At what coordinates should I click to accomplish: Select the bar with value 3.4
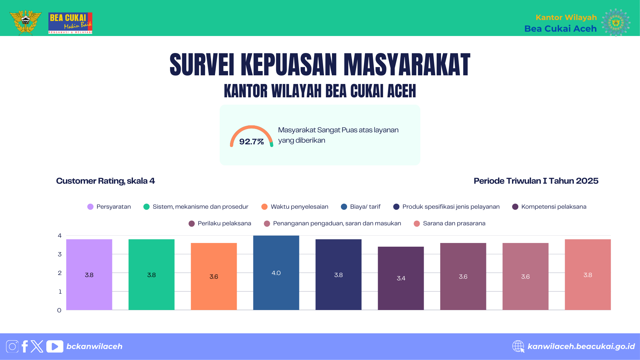401,278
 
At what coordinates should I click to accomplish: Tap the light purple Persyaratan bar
89,275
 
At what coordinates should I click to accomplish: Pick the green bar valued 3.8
151,275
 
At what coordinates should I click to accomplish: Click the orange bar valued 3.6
214,276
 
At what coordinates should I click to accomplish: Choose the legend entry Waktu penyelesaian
299,207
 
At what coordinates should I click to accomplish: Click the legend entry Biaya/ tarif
365,207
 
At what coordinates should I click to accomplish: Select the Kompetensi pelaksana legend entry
553,207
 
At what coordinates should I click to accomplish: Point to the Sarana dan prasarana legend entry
454,223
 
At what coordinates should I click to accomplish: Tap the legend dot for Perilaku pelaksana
192,224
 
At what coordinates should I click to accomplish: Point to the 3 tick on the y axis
60,254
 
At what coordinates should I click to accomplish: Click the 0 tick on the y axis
59,310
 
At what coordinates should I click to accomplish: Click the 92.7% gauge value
251,142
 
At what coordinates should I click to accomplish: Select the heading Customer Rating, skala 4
105,181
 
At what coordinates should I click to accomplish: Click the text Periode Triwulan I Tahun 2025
536,181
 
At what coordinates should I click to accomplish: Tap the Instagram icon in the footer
12,346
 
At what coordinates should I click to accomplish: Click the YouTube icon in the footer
55,346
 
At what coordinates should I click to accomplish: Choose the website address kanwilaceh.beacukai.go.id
581,346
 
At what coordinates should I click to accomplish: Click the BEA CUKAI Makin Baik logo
70,23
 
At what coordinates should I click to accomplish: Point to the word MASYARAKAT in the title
407,65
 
